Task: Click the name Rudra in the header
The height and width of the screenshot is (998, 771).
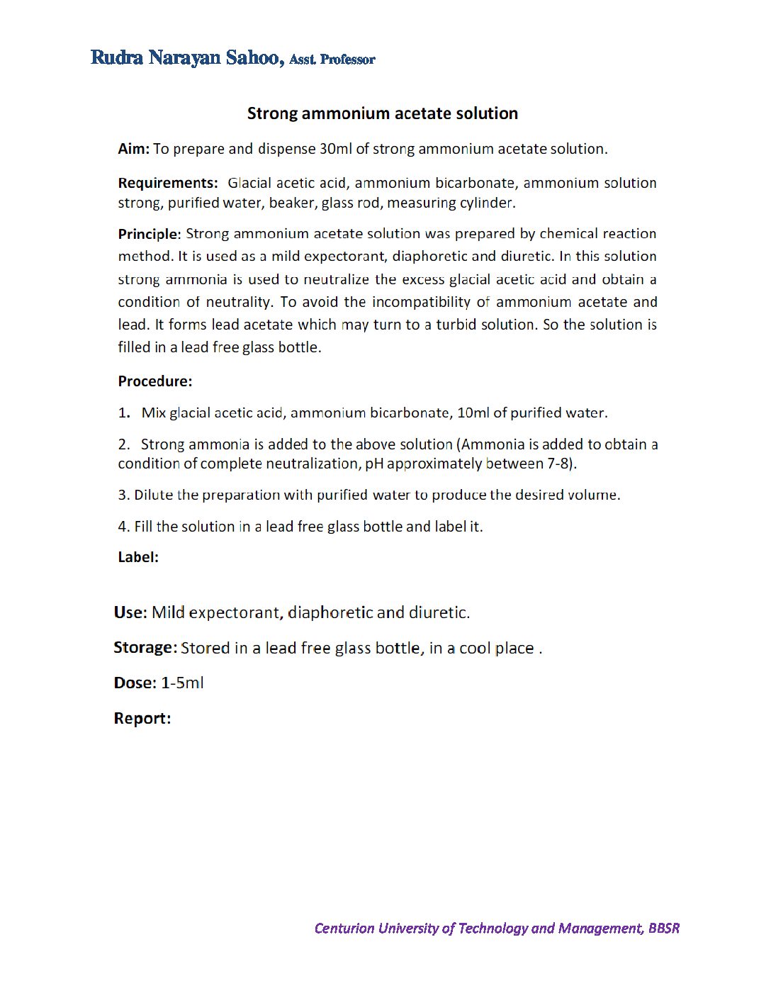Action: pyautogui.click(x=116, y=58)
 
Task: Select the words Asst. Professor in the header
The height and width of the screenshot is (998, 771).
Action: pyautogui.click(x=332, y=60)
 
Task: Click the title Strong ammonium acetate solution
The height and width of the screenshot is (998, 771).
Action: pyautogui.click(x=382, y=113)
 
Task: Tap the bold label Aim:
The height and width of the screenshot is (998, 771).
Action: pyautogui.click(x=133, y=149)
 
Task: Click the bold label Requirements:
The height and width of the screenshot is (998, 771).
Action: pyautogui.click(x=168, y=183)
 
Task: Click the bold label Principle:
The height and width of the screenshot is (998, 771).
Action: pyautogui.click(x=150, y=234)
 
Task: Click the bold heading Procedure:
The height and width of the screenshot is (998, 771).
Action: pyautogui.click(x=154, y=381)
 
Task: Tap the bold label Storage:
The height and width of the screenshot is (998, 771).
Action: pyautogui.click(x=145, y=648)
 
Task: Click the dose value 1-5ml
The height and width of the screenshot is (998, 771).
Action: pyautogui.click(x=182, y=683)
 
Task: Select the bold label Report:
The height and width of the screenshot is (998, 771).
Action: pyautogui.click(x=142, y=718)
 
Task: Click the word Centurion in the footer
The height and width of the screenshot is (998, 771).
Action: pyautogui.click(x=344, y=928)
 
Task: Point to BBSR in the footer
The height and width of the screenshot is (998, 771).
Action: pyautogui.click(x=663, y=928)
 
